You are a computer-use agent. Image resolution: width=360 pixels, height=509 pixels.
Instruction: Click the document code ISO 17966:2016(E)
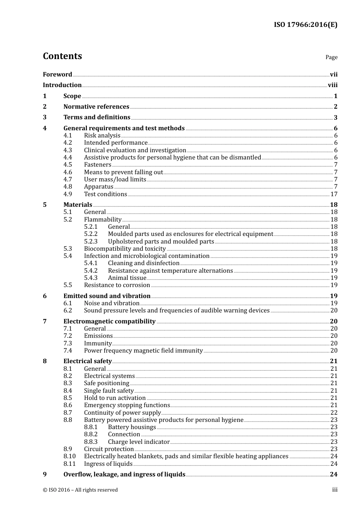tap(305, 25)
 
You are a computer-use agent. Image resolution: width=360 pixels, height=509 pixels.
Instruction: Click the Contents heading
tap(62, 56)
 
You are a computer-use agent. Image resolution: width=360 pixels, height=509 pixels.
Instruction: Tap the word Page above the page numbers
tap(331, 57)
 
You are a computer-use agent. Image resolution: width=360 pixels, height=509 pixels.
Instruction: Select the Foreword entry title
tap(57, 75)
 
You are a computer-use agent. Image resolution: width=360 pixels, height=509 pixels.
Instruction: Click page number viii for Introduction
tap(332, 85)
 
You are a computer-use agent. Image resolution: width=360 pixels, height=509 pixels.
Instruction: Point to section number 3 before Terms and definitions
tap(45, 117)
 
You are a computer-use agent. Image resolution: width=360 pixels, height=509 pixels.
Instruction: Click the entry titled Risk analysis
tap(102, 136)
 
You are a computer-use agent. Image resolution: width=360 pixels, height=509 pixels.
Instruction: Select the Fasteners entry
tap(97, 165)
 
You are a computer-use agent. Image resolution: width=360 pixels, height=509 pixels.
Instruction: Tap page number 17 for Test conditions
tap(333, 194)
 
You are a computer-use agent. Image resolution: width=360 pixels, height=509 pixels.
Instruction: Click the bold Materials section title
tap(78, 205)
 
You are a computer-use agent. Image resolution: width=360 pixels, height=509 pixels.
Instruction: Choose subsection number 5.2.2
tap(91, 234)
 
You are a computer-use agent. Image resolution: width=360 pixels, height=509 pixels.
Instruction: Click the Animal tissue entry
tap(127, 278)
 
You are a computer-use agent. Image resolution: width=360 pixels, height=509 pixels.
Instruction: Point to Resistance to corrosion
tap(117, 285)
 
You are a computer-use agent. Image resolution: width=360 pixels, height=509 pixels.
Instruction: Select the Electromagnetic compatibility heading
tap(109, 322)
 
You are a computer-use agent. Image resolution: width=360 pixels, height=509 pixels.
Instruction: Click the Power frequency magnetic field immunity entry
tap(143, 351)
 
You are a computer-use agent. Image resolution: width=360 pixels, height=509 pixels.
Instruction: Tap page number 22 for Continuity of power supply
tap(333, 413)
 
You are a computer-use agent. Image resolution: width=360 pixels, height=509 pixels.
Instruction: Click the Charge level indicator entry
tap(139, 442)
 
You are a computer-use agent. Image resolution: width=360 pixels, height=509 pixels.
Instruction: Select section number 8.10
tap(69, 456)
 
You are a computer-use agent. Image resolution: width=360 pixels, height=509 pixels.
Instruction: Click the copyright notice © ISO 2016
tap(80, 490)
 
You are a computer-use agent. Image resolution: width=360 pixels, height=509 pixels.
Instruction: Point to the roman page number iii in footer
tap(335, 490)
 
